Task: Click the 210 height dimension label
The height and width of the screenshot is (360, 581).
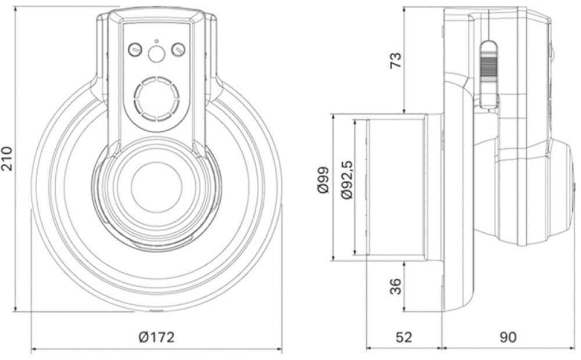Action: [8, 158]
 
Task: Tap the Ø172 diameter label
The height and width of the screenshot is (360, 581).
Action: [156, 337]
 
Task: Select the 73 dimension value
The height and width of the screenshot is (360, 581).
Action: [394, 60]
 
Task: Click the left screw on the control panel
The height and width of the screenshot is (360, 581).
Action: [135, 51]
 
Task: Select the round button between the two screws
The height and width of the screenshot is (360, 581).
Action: [156, 54]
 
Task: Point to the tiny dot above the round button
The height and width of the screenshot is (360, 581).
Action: [156, 41]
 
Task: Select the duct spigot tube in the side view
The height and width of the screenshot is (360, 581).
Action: [395, 186]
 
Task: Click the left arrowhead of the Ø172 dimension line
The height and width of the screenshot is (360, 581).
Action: [33, 349]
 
